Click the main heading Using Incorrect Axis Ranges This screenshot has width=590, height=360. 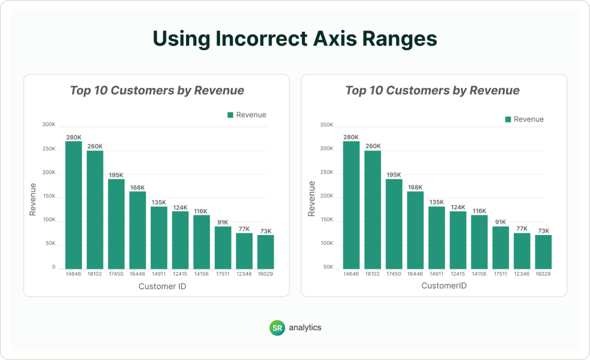[x=294, y=39]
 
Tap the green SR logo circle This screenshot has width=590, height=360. [x=278, y=327]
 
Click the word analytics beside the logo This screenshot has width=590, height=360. [x=305, y=327]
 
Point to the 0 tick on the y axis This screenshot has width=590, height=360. [x=53, y=268]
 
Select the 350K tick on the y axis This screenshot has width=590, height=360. [x=327, y=125]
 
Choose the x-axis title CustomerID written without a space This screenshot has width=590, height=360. [x=444, y=286]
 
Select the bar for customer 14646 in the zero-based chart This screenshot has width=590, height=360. [x=73, y=205]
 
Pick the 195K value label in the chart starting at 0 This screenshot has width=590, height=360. [x=116, y=175]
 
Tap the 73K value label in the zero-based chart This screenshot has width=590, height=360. [x=265, y=230]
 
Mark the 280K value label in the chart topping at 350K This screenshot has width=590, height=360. [x=351, y=137]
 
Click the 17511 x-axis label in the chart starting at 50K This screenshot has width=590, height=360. [x=501, y=274]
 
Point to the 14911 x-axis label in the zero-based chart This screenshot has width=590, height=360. [x=159, y=274]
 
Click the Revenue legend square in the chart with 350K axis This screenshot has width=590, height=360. [x=508, y=119]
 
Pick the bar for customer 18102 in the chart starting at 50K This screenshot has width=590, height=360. [x=372, y=210]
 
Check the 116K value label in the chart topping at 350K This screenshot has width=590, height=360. [x=479, y=211]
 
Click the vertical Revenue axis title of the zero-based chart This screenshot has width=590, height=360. [x=33, y=199]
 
